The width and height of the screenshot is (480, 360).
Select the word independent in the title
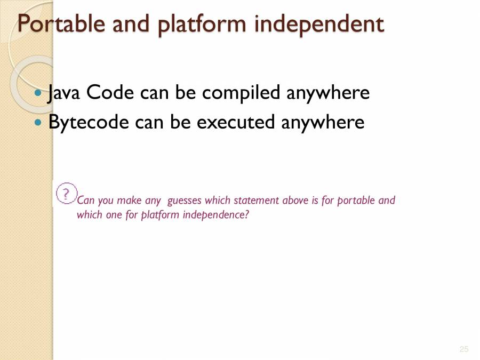click(x=319, y=24)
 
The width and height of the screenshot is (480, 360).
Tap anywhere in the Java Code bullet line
click(x=209, y=93)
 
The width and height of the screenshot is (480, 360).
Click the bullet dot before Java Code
click(x=37, y=93)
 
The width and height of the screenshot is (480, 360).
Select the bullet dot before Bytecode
click(x=37, y=122)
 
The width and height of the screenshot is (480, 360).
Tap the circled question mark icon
click(x=66, y=194)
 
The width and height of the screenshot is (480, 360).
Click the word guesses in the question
click(x=185, y=201)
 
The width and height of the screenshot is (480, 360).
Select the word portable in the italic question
click(x=356, y=201)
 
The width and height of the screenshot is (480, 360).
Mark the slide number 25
click(x=463, y=349)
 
